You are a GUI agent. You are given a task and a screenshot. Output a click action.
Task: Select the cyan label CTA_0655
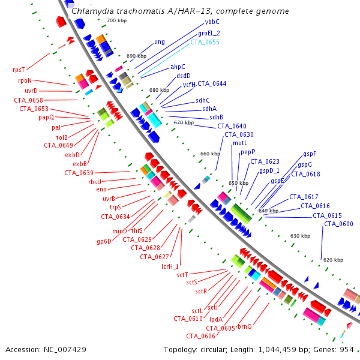click(x=205, y=42)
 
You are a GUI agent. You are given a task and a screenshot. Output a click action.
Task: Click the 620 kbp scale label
click(x=333, y=260)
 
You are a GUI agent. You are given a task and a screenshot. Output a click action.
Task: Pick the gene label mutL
click(x=232, y=143)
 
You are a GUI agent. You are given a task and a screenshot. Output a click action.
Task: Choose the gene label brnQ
click(x=245, y=326)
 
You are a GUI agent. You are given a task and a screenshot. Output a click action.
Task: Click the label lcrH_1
click(x=171, y=266)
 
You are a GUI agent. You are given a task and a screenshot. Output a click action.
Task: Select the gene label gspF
click(x=310, y=154)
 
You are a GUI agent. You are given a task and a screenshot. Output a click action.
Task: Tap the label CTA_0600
click(x=338, y=224)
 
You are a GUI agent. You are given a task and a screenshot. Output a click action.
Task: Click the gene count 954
click(x=346, y=349)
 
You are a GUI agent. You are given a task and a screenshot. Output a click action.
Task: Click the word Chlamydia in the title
click(x=90, y=11)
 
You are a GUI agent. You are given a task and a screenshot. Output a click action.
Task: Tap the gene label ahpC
click(x=178, y=67)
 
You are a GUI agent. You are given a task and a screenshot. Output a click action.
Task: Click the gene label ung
click(x=159, y=42)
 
